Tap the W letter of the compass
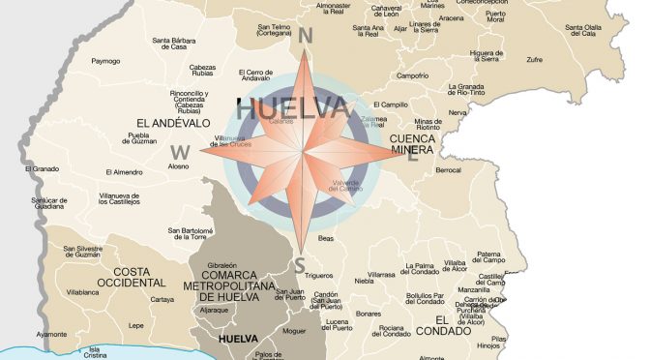click(x=180, y=151)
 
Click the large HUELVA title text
click(x=291, y=109)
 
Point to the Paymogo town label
click(x=105, y=61)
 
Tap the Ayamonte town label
click(x=51, y=335)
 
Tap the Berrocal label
click(x=448, y=170)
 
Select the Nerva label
click(x=458, y=113)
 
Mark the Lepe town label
click(x=136, y=325)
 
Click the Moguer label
click(x=293, y=331)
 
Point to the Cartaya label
click(x=162, y=300)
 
